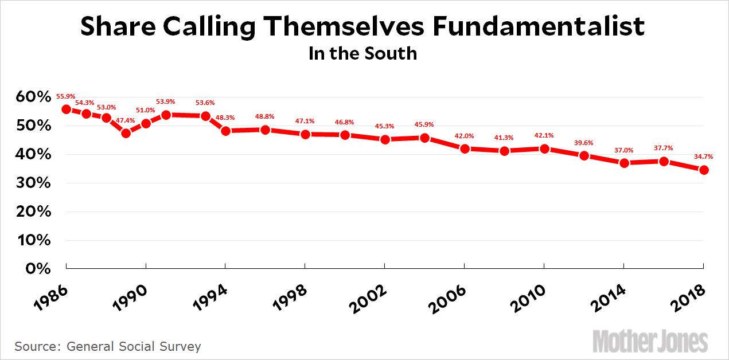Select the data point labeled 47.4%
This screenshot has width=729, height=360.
[x=126, y=134]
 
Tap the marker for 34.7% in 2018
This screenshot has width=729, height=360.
[x=704, y=170]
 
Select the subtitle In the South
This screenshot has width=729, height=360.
[x=362, y=53]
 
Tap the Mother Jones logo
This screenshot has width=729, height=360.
[x=650, y=341]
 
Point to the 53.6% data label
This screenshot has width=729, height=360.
[x=205, y=103]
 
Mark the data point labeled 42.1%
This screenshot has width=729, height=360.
[x=544, y=149]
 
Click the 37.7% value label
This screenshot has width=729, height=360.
[x=664, y=148]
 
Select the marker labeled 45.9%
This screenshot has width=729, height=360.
[x=425, y=138]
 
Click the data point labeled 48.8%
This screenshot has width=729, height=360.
[x=265, y=130]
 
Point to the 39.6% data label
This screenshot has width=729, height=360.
[x=584, y=143]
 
